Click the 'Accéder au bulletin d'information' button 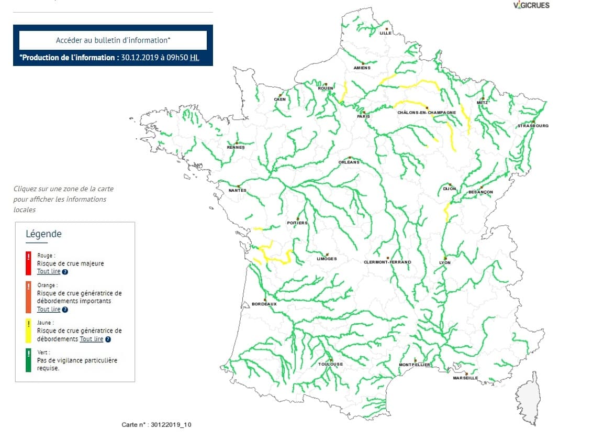113,40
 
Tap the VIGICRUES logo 531,5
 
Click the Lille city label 386,33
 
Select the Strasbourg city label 533,126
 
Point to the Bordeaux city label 264,304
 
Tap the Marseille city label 465,378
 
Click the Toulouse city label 330,364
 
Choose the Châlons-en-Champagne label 426,112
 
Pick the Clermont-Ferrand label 387,262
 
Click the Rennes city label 236,147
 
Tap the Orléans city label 349,162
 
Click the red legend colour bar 28,263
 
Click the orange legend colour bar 28,297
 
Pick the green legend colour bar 28,360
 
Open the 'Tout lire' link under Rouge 49,272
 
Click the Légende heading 43,234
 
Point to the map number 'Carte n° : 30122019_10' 156,424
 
